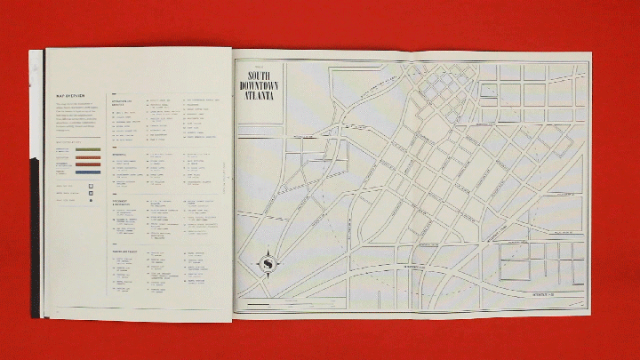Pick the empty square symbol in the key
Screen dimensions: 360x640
pyautogui.click(x=92, y=186)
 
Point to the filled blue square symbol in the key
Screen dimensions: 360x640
pyautogui.click(x=92, y=193)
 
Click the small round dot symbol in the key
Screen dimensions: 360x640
pyautogui.click(x=92, y=201)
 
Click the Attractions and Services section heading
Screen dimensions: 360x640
pyautogui.click(x=122, y=103)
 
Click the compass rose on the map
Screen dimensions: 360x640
pyautogui.click(x=267, y=264)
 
